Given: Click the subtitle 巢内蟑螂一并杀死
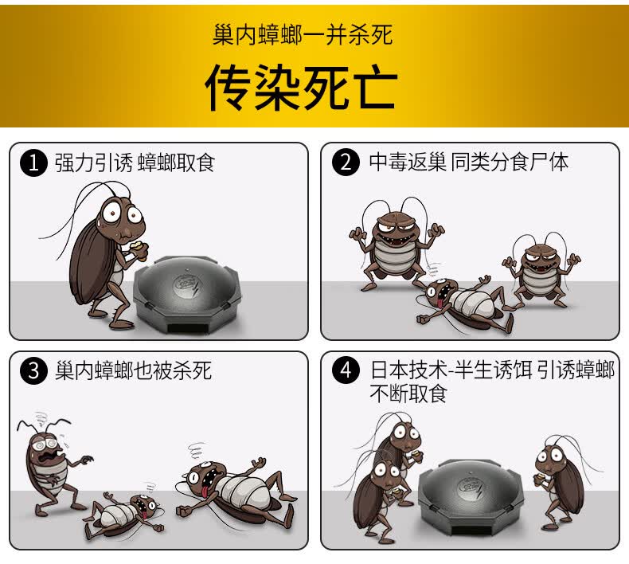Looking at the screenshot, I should coord(303,35).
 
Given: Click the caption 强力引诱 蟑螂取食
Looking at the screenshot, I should coord(135,163).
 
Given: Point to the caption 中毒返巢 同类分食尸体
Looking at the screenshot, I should coord(469,163).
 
